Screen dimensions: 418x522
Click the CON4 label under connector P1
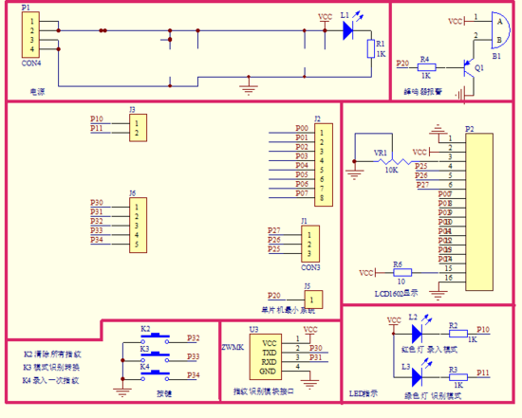tap(31, 64)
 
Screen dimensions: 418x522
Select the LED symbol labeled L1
tap(347, 30)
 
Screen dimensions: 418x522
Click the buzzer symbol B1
tap(490, 29)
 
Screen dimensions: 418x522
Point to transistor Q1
tap(468, 68)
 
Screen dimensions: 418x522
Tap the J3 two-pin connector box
tap(139, 128)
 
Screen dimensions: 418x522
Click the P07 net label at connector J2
tap(302, 193)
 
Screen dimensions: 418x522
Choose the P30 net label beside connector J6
tap(97, 203)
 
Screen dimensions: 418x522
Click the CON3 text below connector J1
tap(309, 267)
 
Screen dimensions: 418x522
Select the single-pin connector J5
tap(314, 299)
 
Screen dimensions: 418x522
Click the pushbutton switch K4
tap(157, 376)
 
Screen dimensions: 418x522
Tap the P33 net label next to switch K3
tap(193, 356)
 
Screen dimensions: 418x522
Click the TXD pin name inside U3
tap(270, 350)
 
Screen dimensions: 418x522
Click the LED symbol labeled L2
tap(416, 333)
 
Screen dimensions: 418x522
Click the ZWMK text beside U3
tap(233, 347)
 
